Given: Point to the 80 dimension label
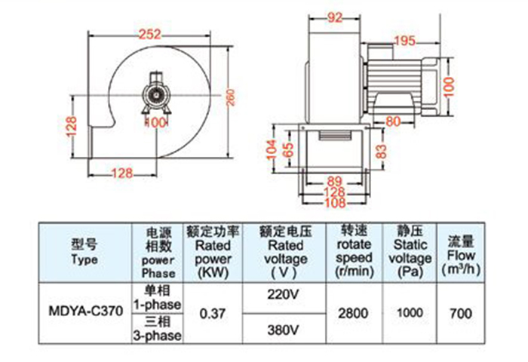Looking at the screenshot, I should click(393, 120).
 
